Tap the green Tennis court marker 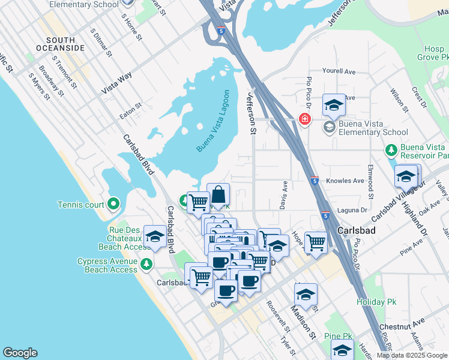(111, 205)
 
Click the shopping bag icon (218, 194)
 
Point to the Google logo (20, 353)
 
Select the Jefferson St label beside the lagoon (252, 113)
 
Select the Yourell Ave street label (339, 71)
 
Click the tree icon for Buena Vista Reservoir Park (391, 148)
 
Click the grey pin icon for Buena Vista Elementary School (328, 127)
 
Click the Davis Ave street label (285, 192)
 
